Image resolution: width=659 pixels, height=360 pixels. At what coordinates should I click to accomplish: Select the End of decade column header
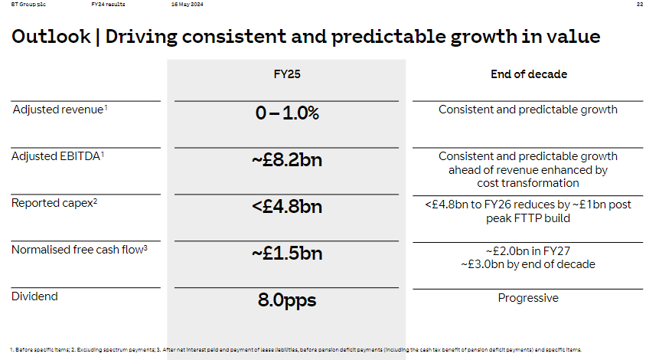coord(528,75)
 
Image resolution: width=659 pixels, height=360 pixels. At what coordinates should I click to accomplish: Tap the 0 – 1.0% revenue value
coord(286,113)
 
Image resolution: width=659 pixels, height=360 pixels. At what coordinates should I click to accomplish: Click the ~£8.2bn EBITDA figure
coord(286,161)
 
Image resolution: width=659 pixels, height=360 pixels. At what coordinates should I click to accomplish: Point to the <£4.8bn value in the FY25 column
coord(286,207)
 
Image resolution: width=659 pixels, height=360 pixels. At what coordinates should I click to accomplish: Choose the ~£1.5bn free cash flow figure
coord(286,254)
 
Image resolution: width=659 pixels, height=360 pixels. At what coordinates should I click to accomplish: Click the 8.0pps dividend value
coord(286,300)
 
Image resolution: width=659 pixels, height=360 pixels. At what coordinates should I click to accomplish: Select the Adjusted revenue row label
coord(59,110)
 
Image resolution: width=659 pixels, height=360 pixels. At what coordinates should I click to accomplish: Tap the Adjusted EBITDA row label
coord(57,156)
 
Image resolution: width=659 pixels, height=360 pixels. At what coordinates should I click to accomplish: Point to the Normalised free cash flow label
coord(79,250)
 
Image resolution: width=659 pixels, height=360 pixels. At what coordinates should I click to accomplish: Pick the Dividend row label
coord(34,296)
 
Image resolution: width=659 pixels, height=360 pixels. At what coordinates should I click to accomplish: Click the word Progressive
coord(528,298)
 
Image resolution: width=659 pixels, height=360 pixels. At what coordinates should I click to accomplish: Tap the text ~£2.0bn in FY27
coord(528,252)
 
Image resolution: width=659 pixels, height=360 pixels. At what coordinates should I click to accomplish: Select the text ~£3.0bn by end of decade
coord(528,264)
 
